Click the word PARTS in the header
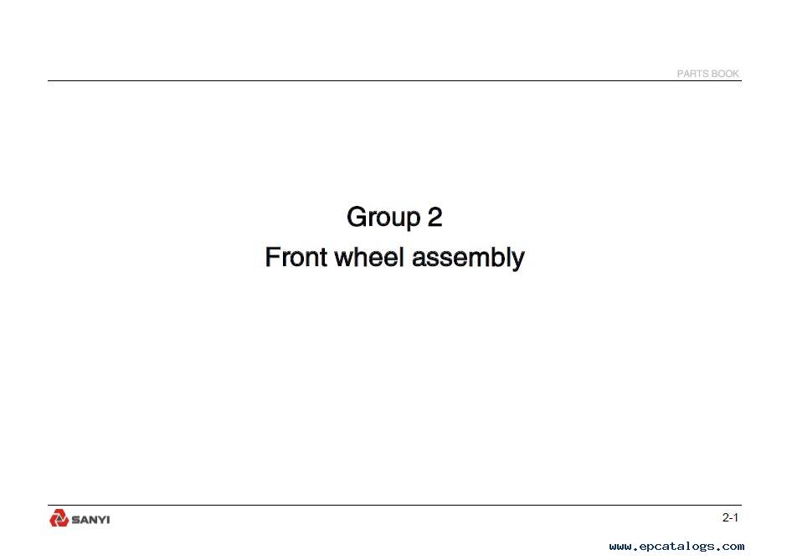[692, 74]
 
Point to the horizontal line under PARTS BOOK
[394, 81]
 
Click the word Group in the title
[383, 218]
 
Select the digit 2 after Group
[435, 217]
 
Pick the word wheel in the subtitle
[369, 257]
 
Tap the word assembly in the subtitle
[468, 258]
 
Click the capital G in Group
[357, 217]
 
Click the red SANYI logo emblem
[59, 518]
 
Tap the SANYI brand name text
[91, 520]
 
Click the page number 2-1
[730, 518]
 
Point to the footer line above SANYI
[394, 506]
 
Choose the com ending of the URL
[733, 547]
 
